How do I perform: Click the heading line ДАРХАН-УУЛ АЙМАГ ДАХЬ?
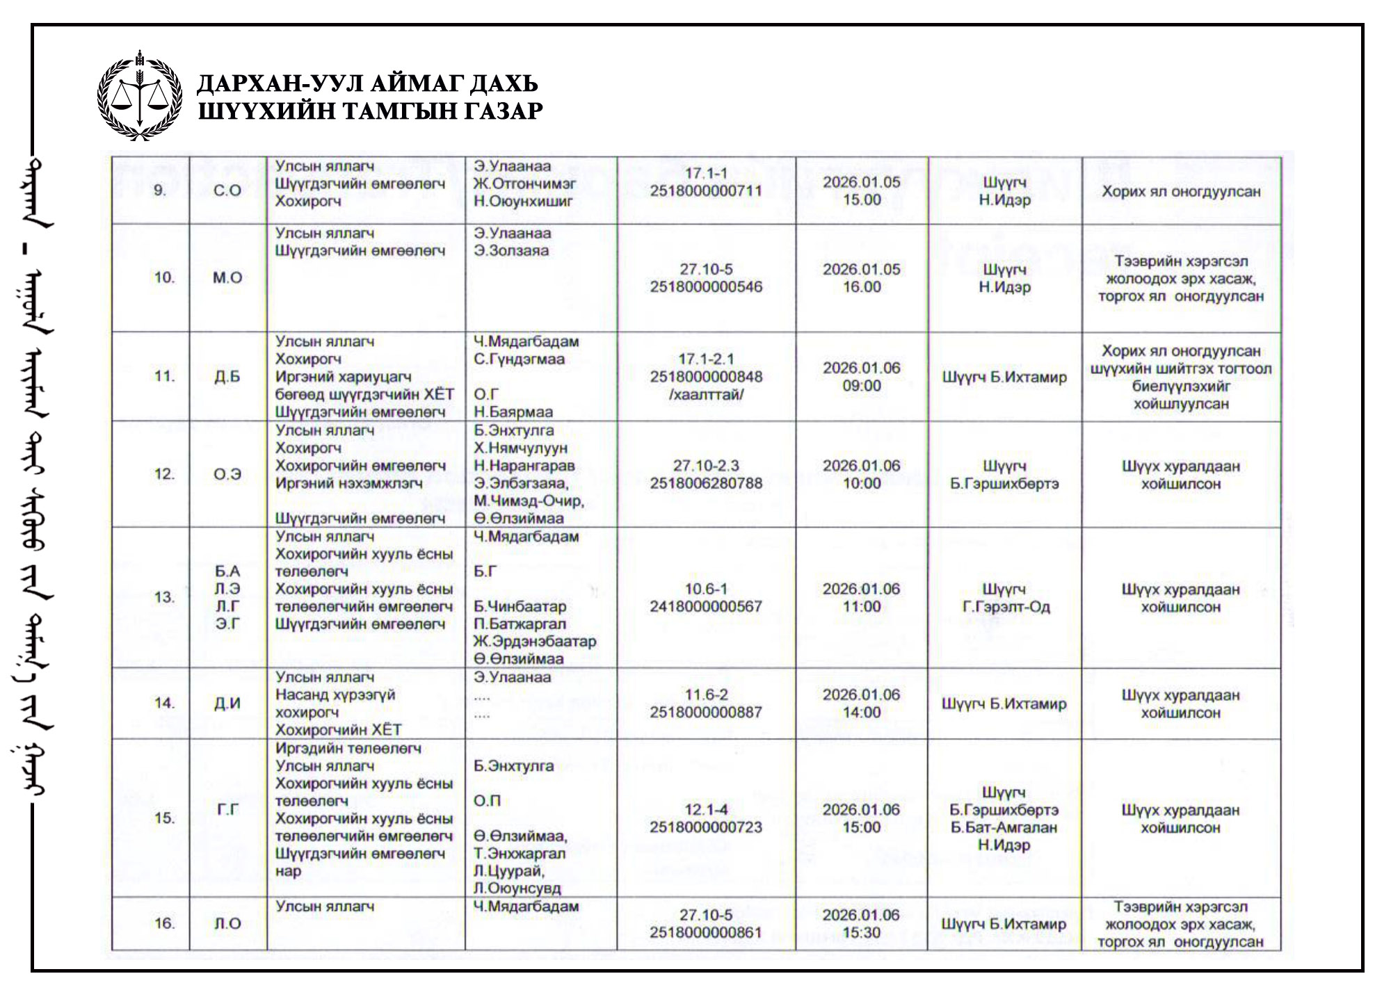(x=367, y=83)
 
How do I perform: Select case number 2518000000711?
(x=706, y=190)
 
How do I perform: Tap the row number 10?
(x=164, y=277)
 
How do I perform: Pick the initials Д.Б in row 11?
(x=227, y=377)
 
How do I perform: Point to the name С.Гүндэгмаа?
(x=519, y=359)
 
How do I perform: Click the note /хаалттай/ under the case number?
(x=706, y=394)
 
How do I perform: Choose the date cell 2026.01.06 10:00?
(x=861, y=474)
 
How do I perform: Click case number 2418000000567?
(x=706, y=606)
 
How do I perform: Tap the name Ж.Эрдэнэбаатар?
(x=535, y=641)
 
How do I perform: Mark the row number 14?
(x=164, y=703)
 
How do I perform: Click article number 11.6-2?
(x=706, y=694)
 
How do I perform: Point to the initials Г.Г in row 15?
(x=227, y=809)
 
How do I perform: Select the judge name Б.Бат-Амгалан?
(x=1004, y=827)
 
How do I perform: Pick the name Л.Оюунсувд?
(x=517, y=888)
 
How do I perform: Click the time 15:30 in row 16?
(x=861, y=932)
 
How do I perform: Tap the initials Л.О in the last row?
(x=227, y=923)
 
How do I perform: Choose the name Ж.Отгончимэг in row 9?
(x=525, y=184)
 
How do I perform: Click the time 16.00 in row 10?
(x=861, y=286)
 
